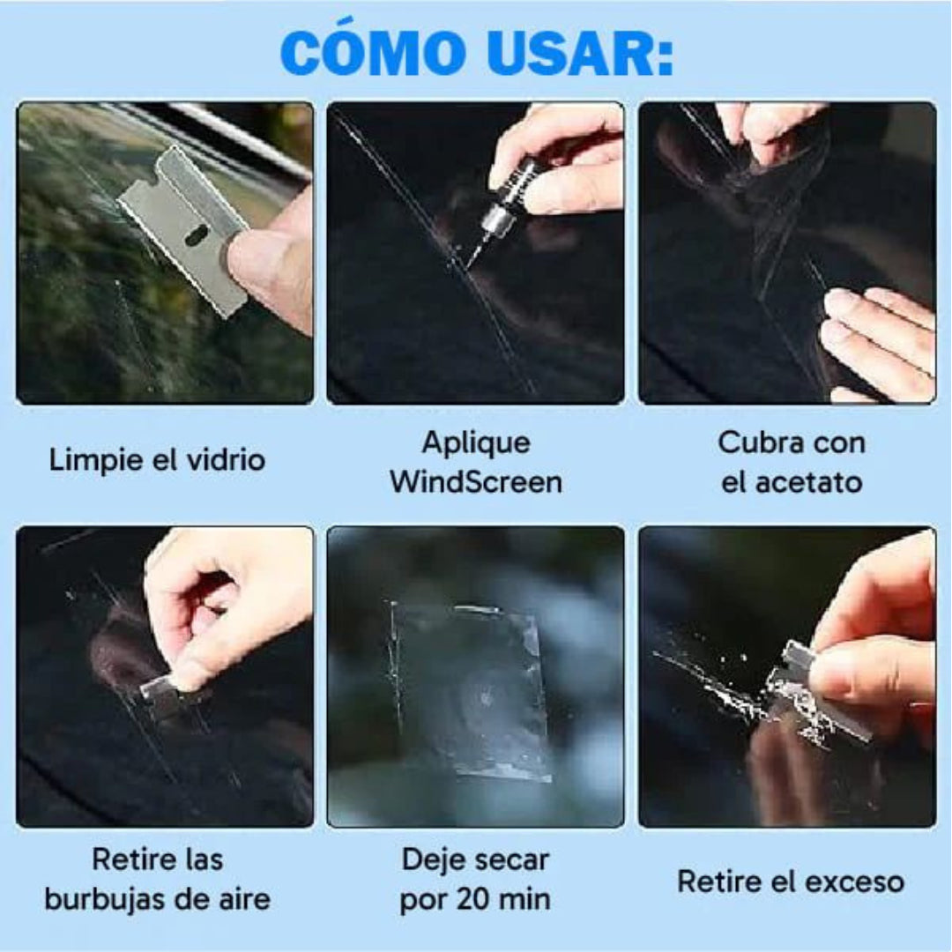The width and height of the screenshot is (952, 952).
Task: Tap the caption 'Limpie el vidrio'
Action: (157, 459)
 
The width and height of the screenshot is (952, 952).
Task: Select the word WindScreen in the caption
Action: (476, 481)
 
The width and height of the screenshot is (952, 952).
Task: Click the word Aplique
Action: (476, 442)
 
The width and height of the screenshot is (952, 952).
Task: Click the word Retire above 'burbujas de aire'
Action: (133, 859)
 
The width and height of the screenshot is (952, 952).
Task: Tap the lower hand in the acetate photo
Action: (877, 339)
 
